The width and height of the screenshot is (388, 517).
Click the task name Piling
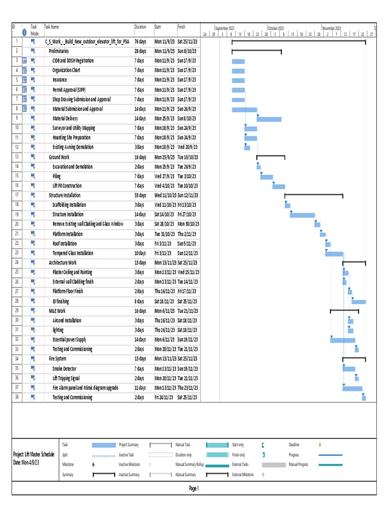click(57, 176)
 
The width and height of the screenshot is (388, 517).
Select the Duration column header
click(140, 27)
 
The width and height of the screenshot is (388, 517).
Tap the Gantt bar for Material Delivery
click(269, 119)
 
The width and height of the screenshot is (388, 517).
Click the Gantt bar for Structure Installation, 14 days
click(302, 215)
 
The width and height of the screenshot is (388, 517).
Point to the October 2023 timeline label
click(276, 28)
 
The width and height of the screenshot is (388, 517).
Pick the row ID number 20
click(17, 224)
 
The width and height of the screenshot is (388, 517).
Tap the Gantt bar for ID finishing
click(359, 301)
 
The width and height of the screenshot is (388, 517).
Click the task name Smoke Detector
click(65, 369)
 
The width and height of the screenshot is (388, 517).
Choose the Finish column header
click(182, 27)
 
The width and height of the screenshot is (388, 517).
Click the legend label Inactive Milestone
click(129, 464)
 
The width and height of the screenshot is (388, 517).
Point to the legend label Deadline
click(294, 445)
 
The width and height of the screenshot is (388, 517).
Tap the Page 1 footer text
click(194, 488)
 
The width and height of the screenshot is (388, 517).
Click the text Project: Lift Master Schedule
click(34, 454)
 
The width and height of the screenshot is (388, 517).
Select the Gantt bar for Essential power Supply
click(343, 340)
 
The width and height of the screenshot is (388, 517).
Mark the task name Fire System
click(58, 359)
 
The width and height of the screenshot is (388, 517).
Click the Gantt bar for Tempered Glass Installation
click(334, 253)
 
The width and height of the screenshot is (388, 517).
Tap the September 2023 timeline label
click(225, 28)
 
